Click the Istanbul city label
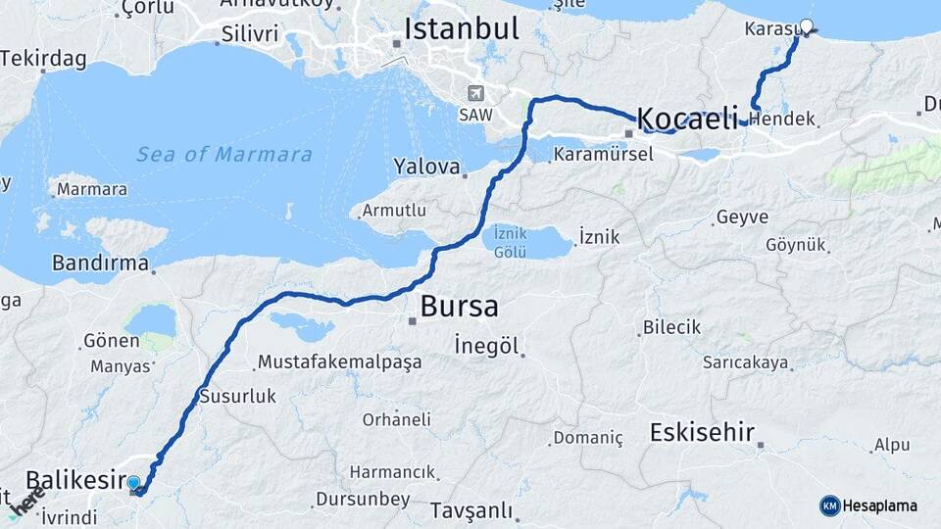(x=461, y=27)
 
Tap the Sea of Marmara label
(x=224, y=155)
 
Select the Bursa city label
(x=459, y=307)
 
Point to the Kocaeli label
(x=687, y=120)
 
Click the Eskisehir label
(x=701, y=431)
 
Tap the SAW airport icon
(x=476, y=93)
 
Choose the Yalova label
(x=426, y=167)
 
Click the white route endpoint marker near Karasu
(x=807, y=26)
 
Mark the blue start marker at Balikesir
(x=133, y=482)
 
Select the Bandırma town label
(x=100, y=263)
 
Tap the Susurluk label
(x=237, y=397)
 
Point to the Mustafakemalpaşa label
(x=339, y=362)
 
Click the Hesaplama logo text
(x=880, y=505)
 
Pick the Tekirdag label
(x=43, y=59)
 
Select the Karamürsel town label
(x=603, y=155)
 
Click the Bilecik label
(x=671, y=327)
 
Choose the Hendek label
(x=787, y=120)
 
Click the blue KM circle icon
(x=830, y=505)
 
